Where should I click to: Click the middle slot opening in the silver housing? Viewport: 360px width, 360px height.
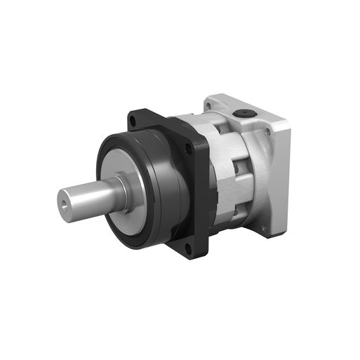[236, 169]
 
